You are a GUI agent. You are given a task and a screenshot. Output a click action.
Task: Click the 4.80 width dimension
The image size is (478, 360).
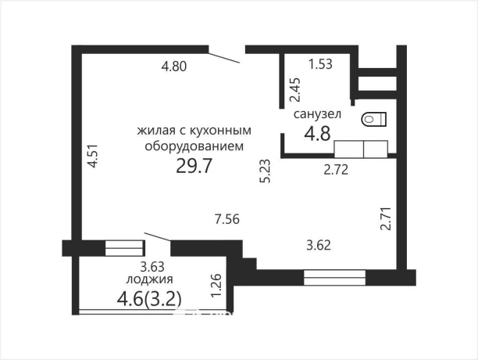coord(173,67)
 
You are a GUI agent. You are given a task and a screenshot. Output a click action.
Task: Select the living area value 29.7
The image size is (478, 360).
coord(195,166)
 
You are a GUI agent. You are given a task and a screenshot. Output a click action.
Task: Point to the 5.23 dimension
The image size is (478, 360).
coord(266,171)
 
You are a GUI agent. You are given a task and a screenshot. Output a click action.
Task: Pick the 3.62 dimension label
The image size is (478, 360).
coord(318,245)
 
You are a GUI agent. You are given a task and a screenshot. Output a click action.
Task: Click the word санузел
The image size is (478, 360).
coord(316,115)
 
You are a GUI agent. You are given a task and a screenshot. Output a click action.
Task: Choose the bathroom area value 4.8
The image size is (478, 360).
coord(316,132)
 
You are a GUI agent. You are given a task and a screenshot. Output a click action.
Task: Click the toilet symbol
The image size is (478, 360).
coord(374,119)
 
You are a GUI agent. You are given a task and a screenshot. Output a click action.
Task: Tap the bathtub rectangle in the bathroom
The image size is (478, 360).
coord(361,149)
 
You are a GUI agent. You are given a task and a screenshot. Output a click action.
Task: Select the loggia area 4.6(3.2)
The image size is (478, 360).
coord(148,297)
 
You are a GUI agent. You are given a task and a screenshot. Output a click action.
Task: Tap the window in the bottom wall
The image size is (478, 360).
coord(335,276)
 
